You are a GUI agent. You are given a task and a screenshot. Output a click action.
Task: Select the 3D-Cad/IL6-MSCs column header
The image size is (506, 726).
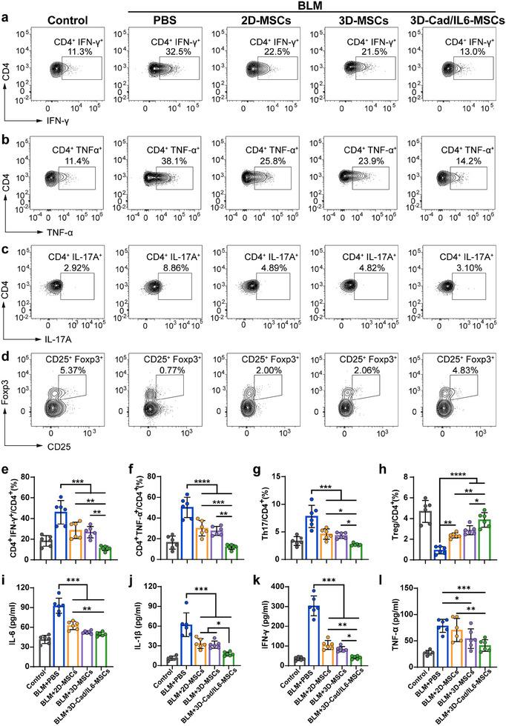pos(456,21)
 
